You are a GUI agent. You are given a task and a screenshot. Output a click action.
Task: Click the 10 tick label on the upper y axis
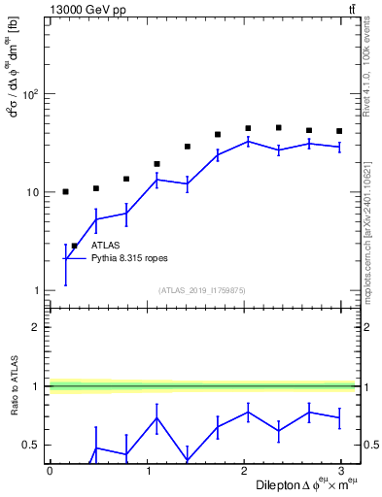tap(32, 192)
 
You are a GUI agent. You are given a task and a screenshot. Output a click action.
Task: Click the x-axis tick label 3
tap(340, 471)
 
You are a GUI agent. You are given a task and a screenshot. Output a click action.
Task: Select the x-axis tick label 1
tap(147, 471)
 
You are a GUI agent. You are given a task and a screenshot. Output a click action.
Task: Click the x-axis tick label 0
tap(50, 471)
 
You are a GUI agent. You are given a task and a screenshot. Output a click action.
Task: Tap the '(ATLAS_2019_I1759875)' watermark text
tap(202, 290)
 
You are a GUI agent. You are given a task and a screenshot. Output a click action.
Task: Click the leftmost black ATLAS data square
tap(65, 192)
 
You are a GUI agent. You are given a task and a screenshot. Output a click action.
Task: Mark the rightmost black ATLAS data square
tap(339, 131)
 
